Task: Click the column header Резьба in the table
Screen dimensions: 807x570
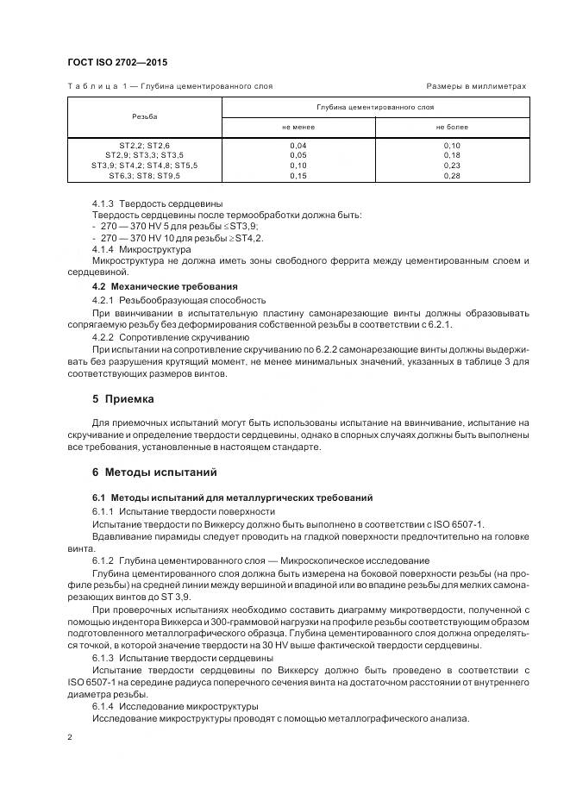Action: [x=144, y=116]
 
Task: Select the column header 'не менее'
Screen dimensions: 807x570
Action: [x=298, y=127]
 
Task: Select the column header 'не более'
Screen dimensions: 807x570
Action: [x=451, y=127]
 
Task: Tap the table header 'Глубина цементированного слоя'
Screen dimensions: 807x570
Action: [x=375, y=107]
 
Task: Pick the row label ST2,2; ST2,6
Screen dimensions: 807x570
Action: [x=144, y=146]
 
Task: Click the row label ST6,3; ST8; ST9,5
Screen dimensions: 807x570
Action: [x=144, y=175]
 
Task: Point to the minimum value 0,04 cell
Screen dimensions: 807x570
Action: [x=298, y=146]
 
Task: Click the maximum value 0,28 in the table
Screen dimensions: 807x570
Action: [x=451, y=175]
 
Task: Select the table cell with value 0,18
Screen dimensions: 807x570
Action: [x=451, y=155]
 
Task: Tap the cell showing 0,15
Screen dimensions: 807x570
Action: [x=298, y=175]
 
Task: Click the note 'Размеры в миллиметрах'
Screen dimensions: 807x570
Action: [x=476, y=86]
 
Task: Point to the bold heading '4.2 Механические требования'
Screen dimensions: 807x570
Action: [x=165, y=285]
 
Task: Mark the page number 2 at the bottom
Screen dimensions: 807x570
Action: [x=70, y=737]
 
